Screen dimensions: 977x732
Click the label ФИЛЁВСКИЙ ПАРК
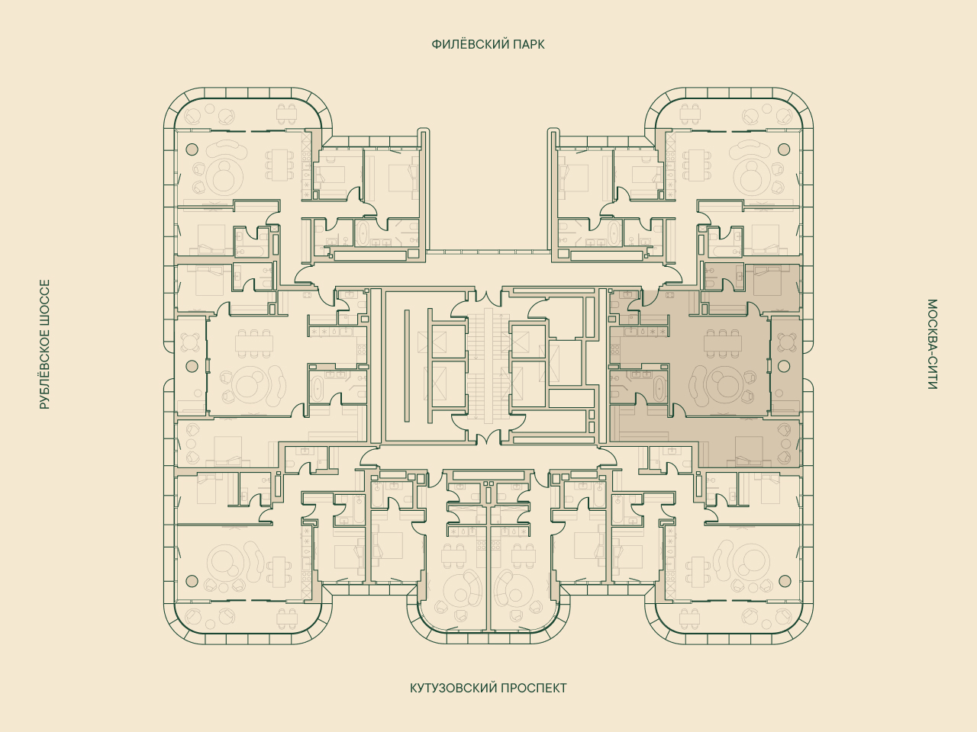click(488, 44)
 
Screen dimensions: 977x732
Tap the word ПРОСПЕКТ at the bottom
click(534, 688)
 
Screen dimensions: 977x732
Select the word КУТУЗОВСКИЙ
click(452, 688)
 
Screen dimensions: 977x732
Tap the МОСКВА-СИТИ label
click(933, 344)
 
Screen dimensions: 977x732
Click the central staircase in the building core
click(488, 364)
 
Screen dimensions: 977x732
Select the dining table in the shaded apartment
click(723, 343)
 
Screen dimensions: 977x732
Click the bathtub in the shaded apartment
click(659, 389)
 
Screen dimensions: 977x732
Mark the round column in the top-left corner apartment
click(192, 149)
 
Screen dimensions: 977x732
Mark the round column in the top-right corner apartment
click(784, 149)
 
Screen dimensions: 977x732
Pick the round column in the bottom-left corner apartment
click(192, 580)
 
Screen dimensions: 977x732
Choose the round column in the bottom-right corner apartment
click(784, 580)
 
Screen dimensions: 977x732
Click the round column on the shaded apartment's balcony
click(784, 366)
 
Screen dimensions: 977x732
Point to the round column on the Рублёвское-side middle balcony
click(192, 366)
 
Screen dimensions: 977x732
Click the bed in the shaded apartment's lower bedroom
click(749, 450)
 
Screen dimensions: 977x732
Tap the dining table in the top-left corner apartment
click(279, 165)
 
